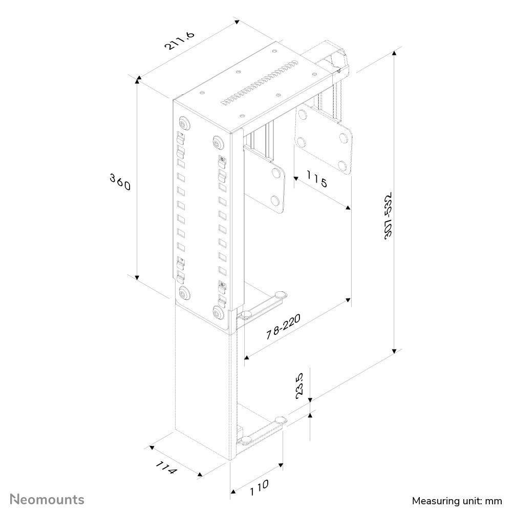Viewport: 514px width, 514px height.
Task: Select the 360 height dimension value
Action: (121, 181)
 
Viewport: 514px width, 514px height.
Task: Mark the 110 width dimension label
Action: (259, 488)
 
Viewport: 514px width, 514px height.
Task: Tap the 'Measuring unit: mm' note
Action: (457, 500)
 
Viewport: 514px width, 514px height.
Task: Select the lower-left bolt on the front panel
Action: (183, 293)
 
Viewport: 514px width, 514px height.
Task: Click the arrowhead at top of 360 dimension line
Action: (137, 79)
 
